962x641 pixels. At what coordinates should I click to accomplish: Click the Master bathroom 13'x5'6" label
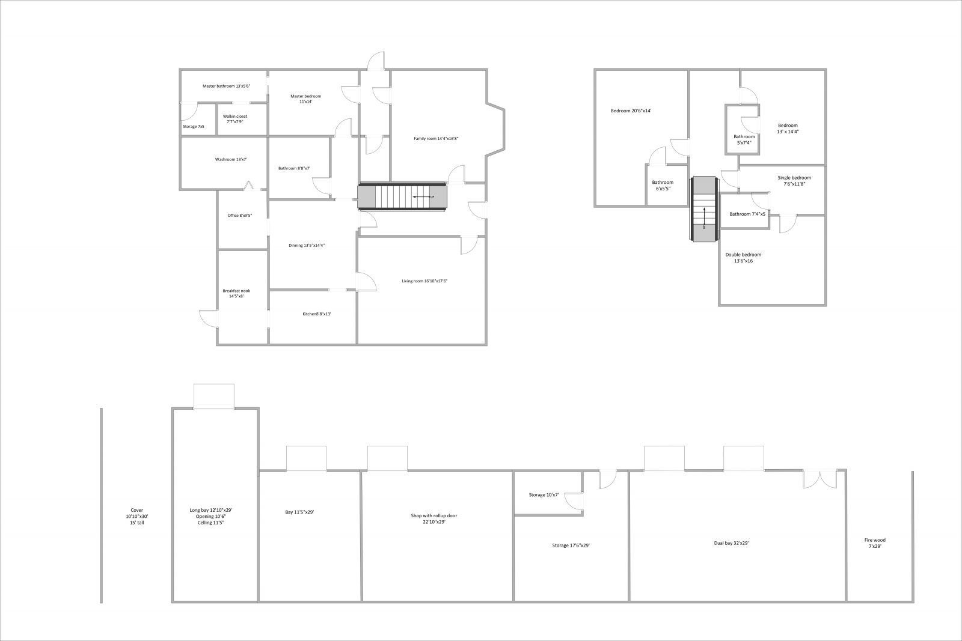[226, 86]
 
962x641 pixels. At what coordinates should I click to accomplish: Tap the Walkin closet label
[235, 119]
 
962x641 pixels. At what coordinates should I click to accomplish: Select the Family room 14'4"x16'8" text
[436, 139]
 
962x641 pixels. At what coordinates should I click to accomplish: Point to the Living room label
[424, 281]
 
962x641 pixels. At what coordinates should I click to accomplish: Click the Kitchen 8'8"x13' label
[317, 314]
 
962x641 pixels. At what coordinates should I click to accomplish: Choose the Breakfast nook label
[236, 293]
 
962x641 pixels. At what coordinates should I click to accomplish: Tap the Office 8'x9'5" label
[239, 216]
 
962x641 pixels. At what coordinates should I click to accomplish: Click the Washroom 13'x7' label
[231, 159]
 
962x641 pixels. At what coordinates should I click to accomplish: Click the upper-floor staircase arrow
[704, 216]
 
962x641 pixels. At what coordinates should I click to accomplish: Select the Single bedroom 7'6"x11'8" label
[794, 181]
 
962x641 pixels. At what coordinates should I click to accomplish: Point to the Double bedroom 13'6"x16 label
[743, 258]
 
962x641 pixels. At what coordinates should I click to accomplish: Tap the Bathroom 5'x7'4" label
[744, 140]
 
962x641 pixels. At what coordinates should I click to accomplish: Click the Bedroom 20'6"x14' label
[631, 111]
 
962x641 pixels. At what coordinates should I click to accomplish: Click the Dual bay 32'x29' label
[731, 543]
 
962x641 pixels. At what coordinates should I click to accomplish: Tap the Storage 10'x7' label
[544, 495]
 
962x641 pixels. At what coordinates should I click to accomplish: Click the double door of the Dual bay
[819, 478]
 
